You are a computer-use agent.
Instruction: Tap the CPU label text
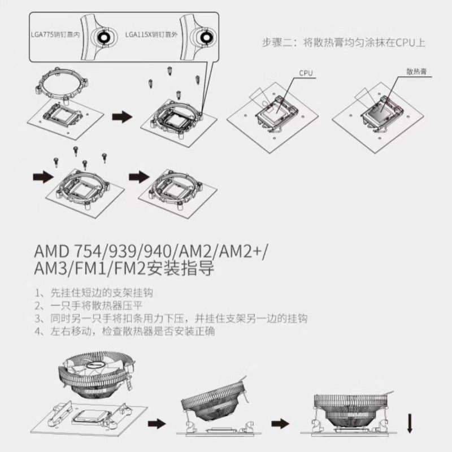click(306, 73)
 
